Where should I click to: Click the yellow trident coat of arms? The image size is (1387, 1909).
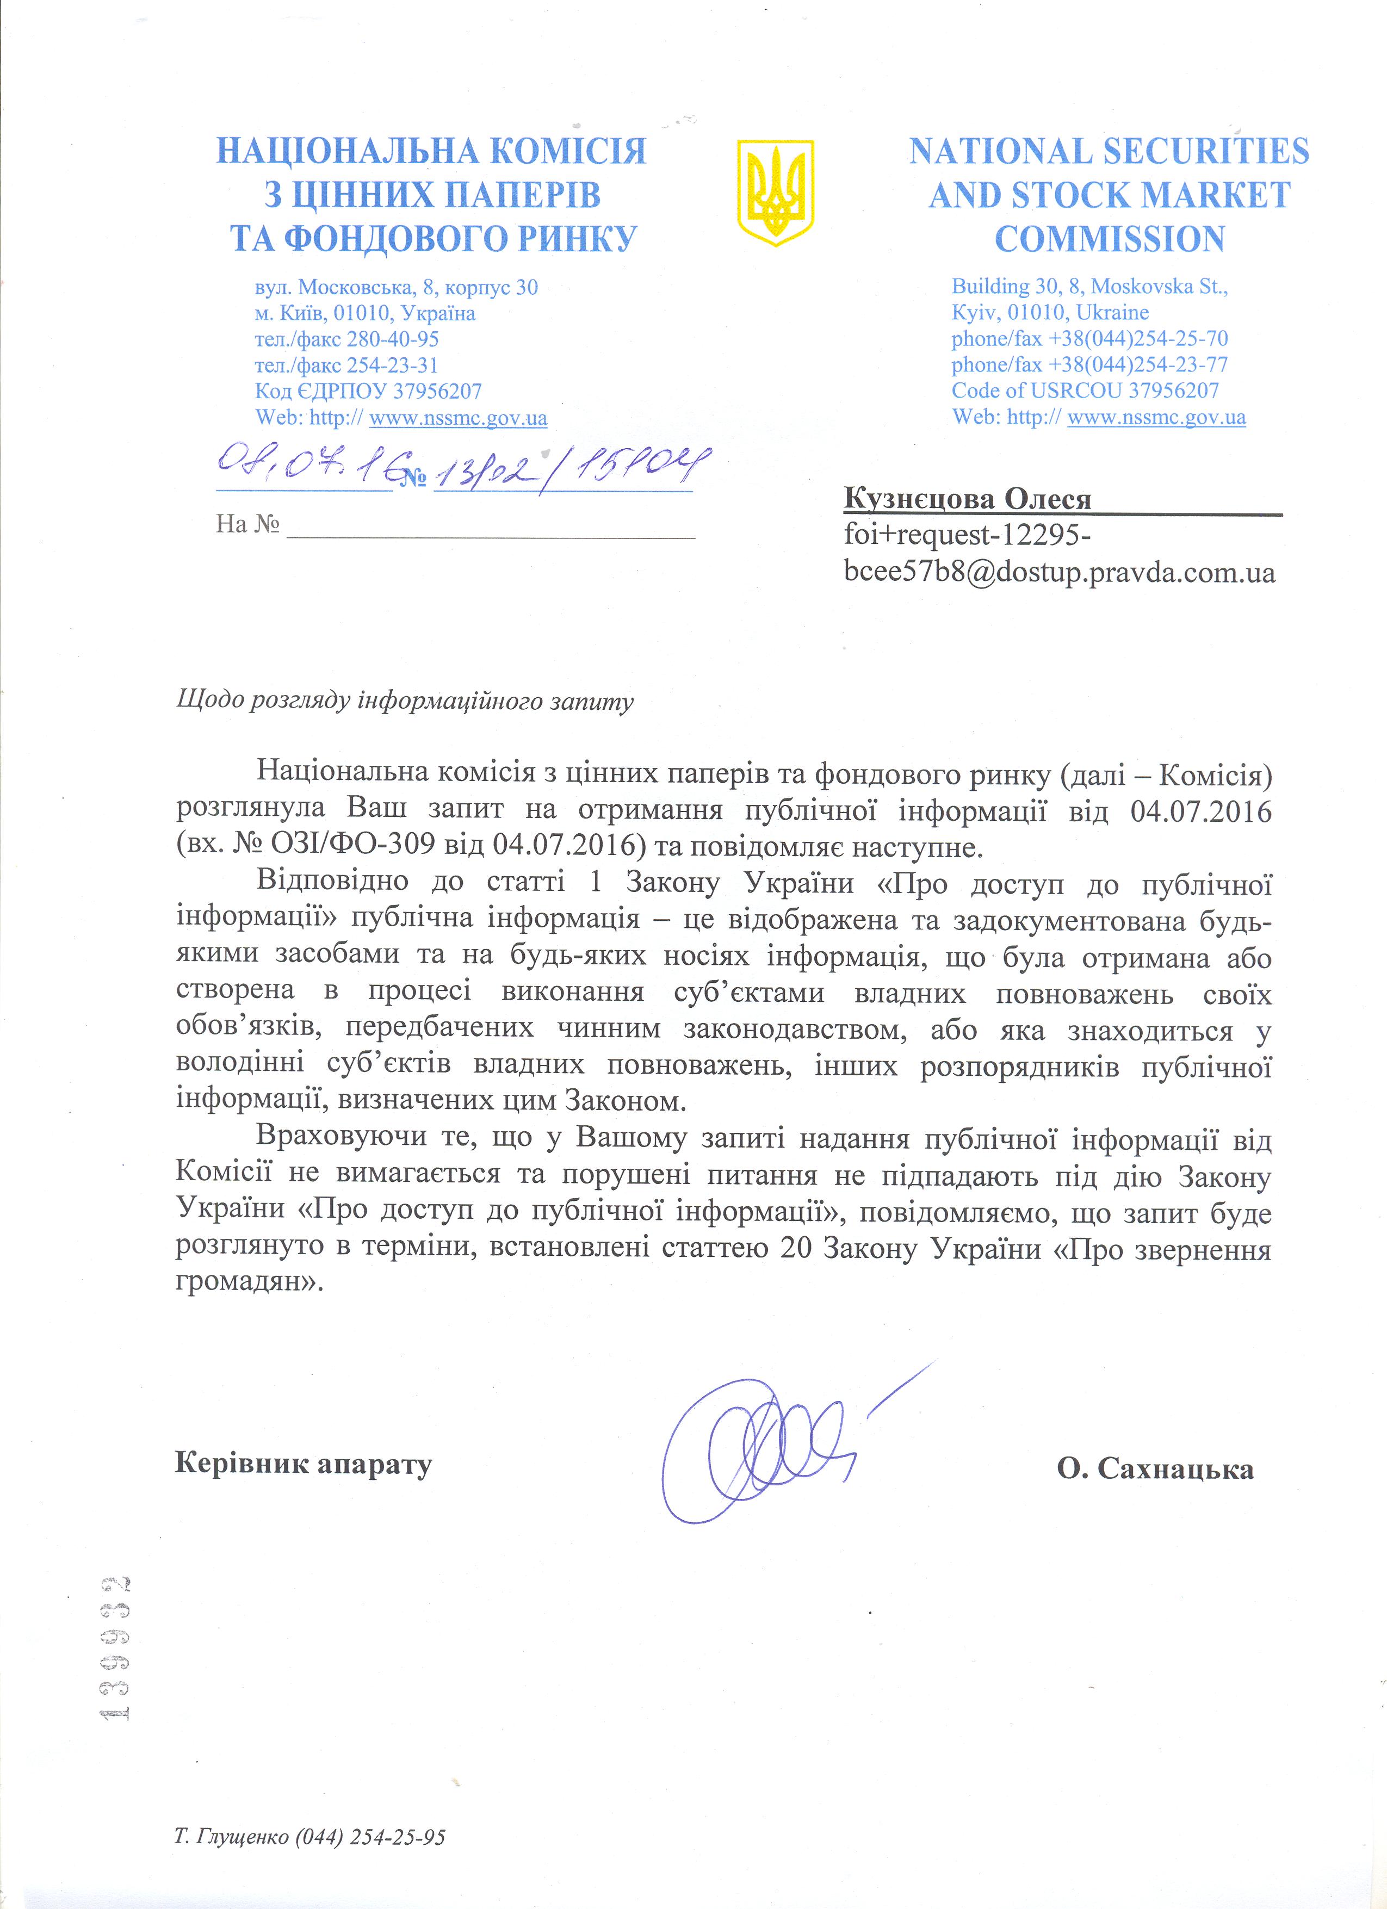pyautogui.click(x=775, y=192)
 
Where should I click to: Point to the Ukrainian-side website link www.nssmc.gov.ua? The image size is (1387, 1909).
pyautogui.click(x=458, y=418)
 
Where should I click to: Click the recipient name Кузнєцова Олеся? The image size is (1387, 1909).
pyautogui.click(x=967, y=499)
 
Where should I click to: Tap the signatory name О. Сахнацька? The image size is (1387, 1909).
pyautogui.click(x=1155, y=1469)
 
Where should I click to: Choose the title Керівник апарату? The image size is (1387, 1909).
pyautogui.click(x=303, y=1463)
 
